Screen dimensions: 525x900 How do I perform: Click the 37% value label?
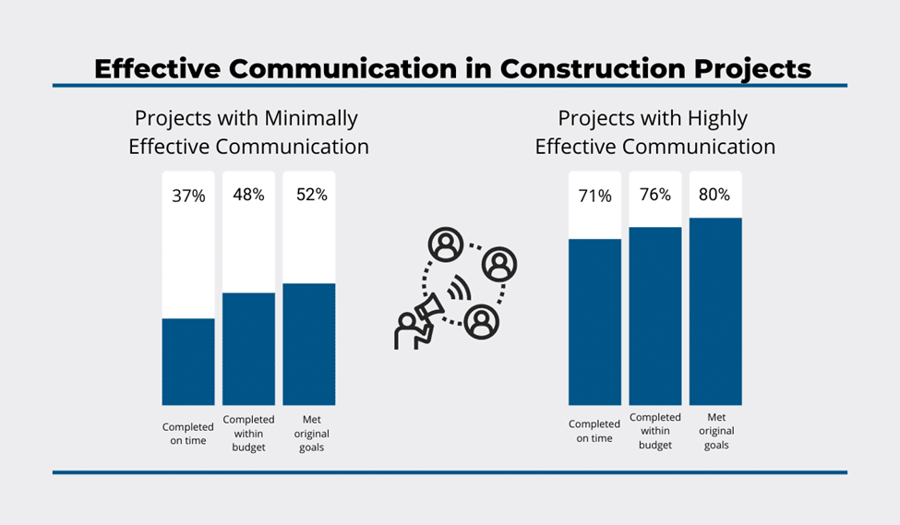(188, 196)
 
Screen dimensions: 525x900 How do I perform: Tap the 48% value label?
(248, 195)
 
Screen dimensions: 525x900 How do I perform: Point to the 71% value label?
(595, 196)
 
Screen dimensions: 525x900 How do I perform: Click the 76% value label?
(654, 195)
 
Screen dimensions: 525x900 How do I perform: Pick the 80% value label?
(714, 195)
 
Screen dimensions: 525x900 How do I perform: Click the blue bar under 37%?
(188, 362)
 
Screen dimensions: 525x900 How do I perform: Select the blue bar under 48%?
(248, 349)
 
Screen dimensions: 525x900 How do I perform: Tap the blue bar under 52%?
(309, 344)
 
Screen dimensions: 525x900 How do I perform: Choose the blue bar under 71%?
(595, 322)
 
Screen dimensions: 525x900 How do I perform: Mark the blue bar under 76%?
(655, 316)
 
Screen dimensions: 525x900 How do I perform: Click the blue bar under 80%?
(715, 312)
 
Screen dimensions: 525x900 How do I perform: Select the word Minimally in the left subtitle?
(311, 118)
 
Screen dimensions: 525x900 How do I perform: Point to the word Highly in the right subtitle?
(716, 118)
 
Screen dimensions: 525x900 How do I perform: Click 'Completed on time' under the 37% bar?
(188, 433)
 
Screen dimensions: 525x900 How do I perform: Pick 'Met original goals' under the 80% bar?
(715, 431)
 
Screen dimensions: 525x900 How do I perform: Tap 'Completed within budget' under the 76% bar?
(655, 431)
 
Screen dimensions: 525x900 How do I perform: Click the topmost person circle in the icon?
(447, 245)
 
